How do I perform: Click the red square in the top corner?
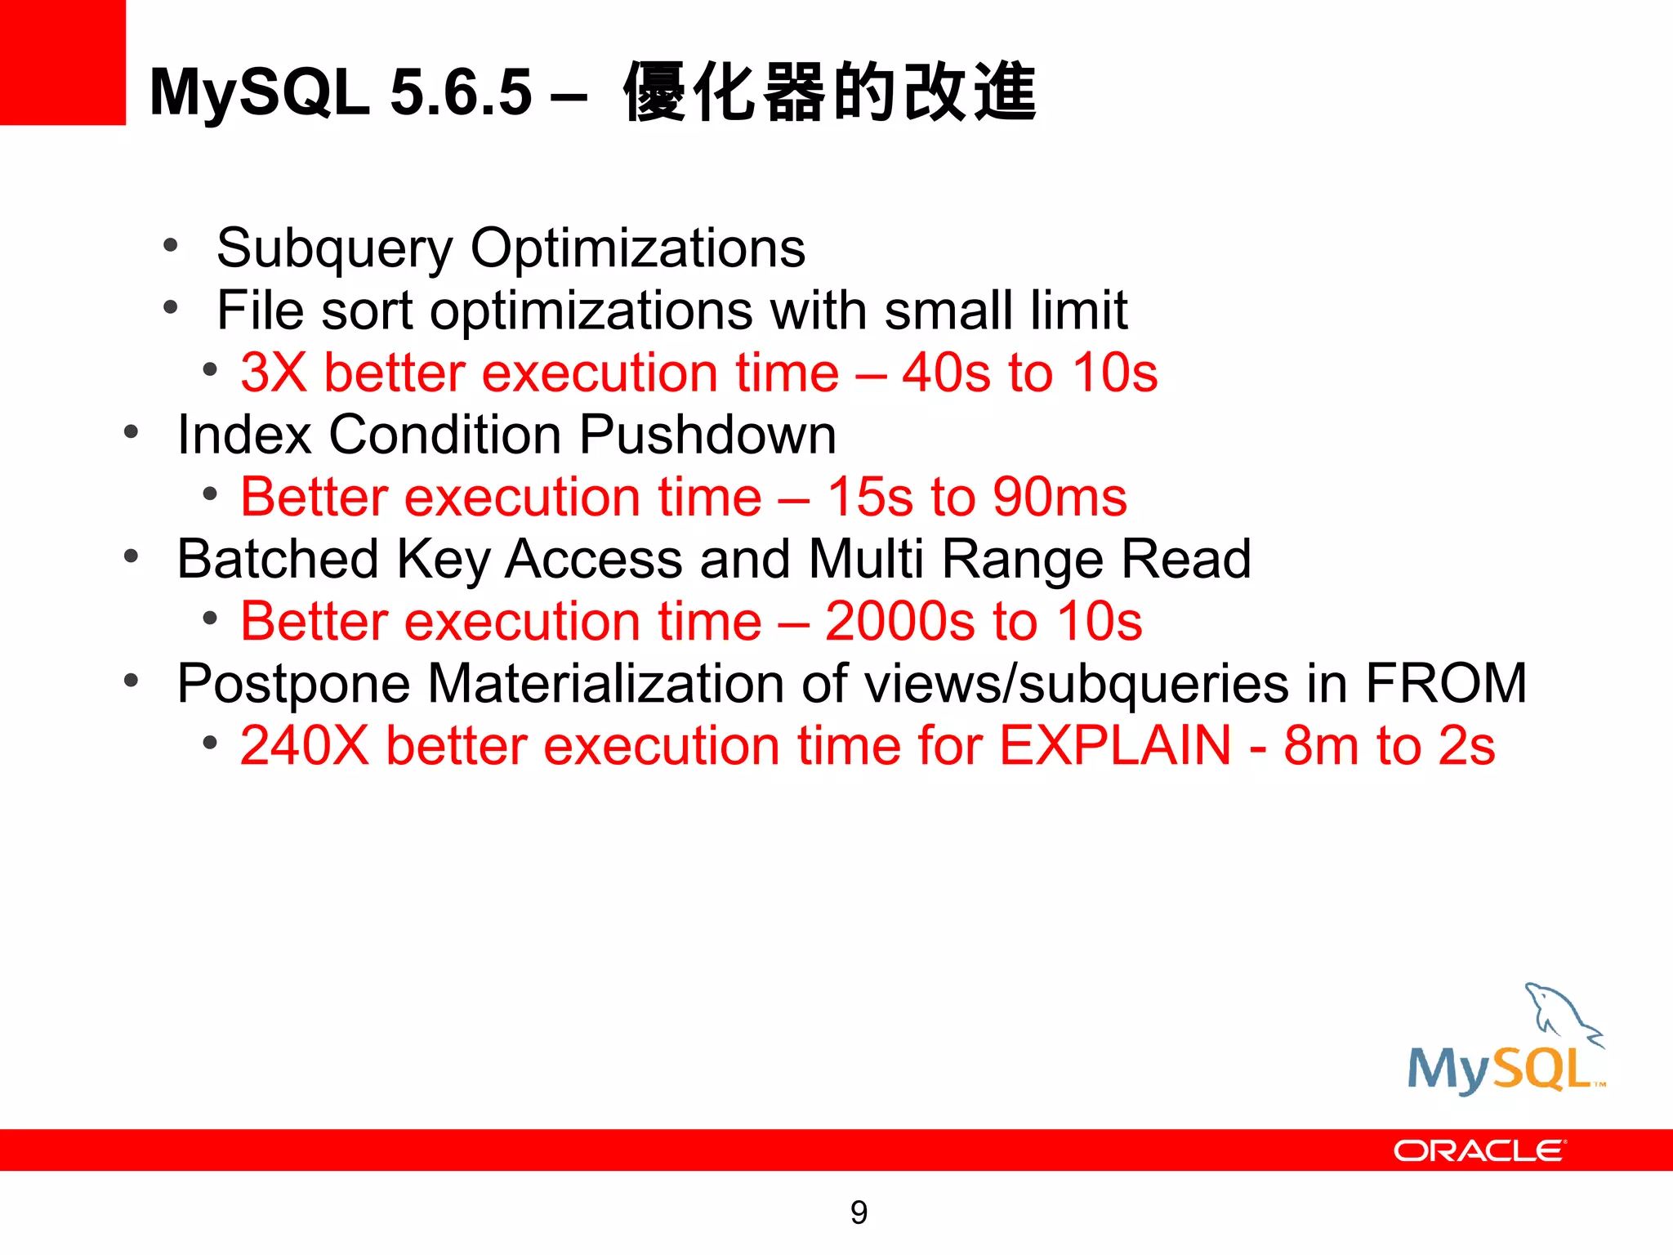coord(62,62)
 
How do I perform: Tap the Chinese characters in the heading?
coord(829,92)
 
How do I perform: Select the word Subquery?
coord(333,248)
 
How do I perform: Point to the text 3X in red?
coord(274,373)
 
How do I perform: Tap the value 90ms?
coord(1060,497)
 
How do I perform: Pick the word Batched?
coord(278,559)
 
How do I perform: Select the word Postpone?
coord(293,684)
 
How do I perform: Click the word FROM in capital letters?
coord(1445,683)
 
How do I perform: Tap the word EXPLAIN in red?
coord(1115,746)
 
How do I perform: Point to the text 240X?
coord(305,746)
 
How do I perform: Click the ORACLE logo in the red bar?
coord(1479,1150)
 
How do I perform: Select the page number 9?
coord(859,1213)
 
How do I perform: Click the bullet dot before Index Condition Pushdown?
coord(132,431)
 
